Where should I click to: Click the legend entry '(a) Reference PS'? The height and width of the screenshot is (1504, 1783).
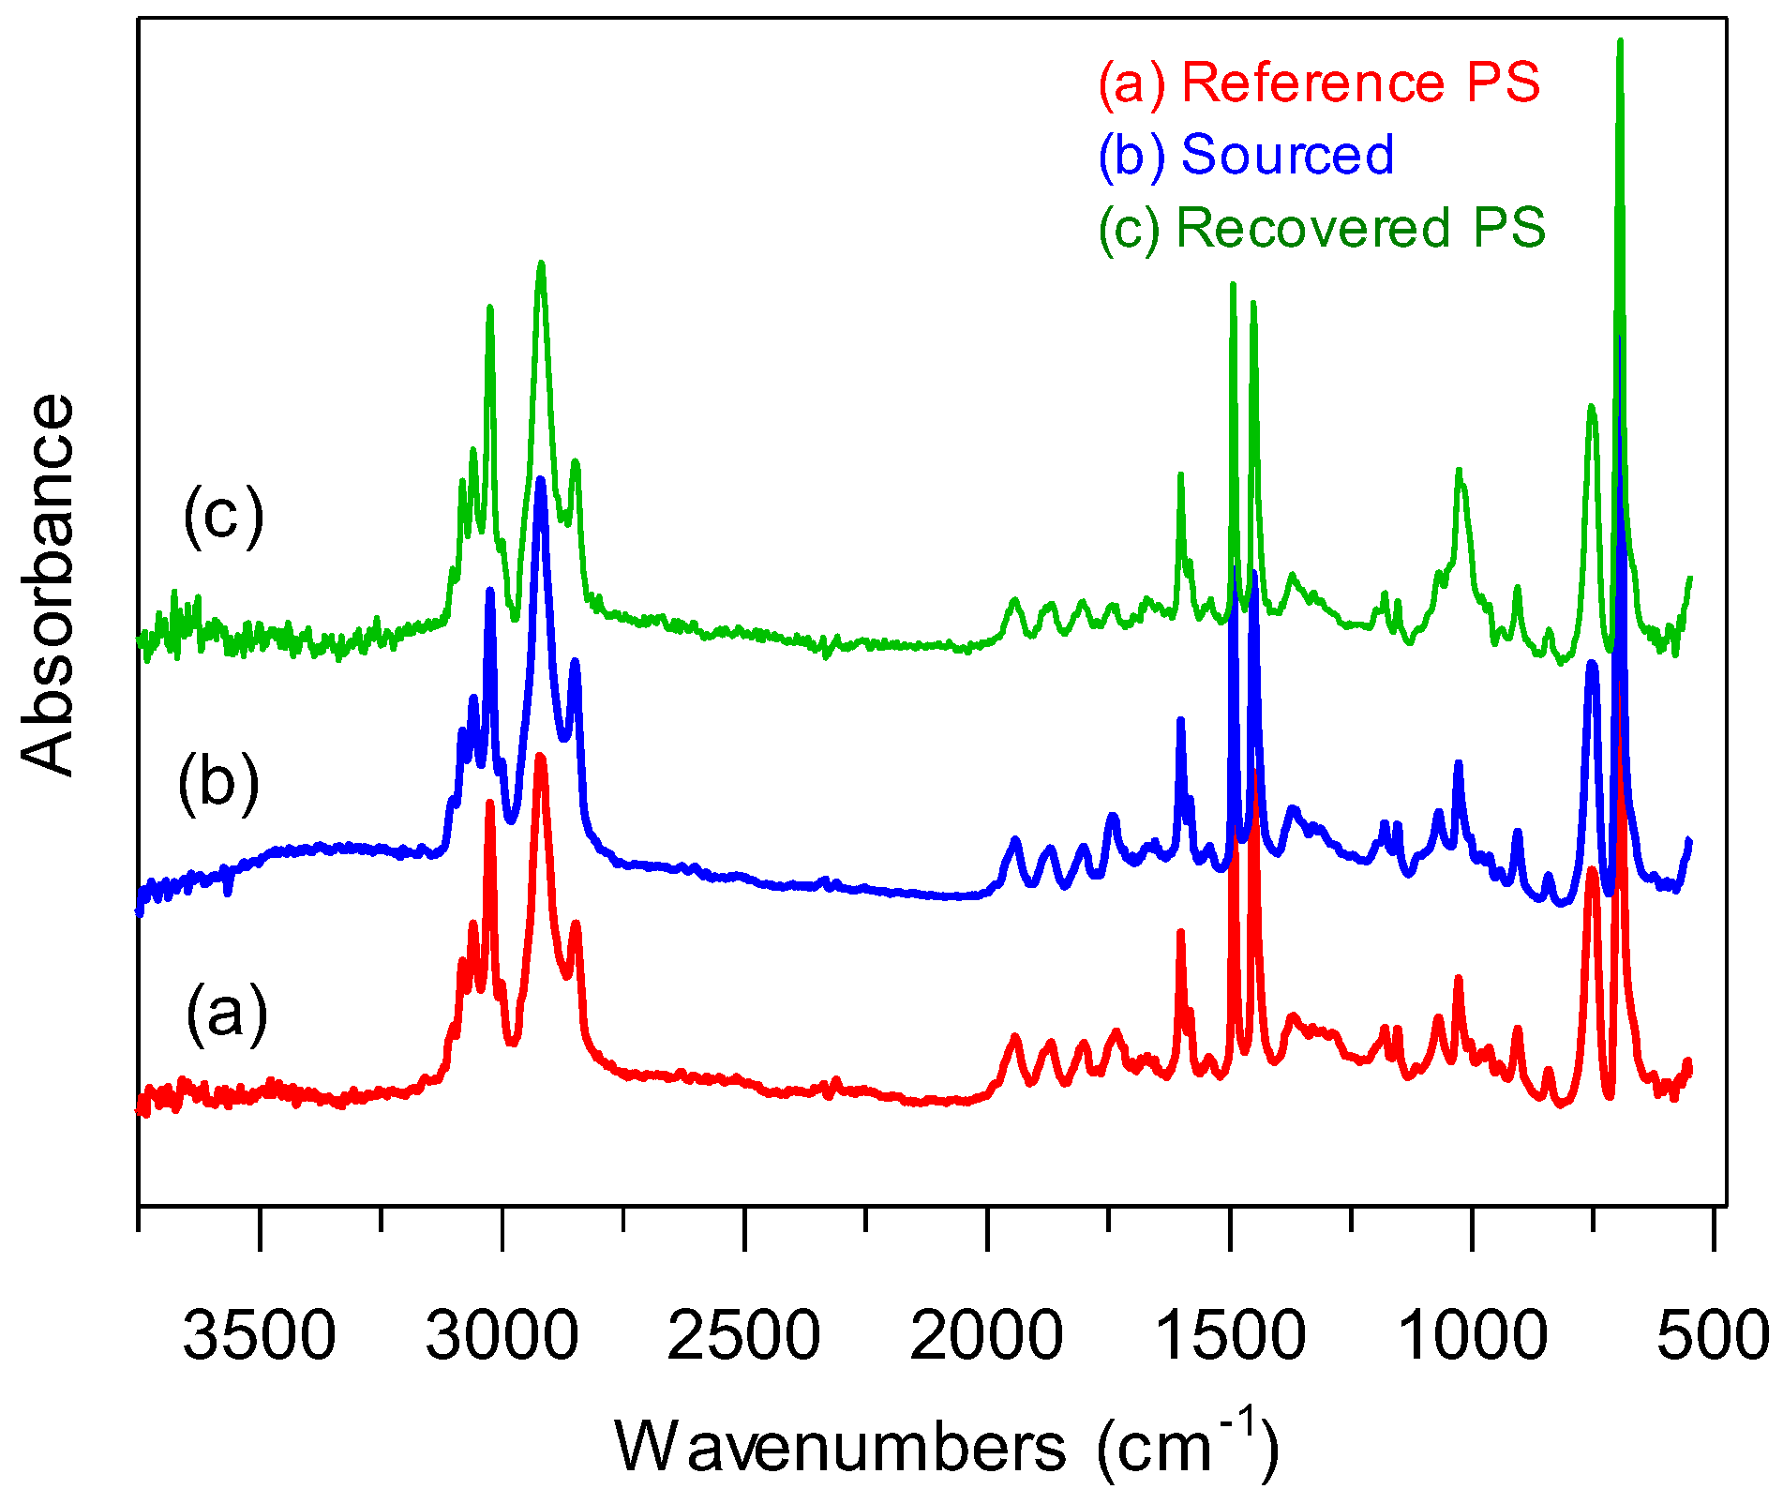click(1319, 83)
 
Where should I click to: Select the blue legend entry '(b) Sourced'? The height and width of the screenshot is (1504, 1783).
click(1247, 155)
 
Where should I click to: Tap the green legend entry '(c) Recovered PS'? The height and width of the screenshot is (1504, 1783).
click(1322, 228)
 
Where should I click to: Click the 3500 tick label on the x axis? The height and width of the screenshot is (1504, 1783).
click(259, 1335)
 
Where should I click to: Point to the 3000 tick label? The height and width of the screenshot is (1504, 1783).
click(502, 1335)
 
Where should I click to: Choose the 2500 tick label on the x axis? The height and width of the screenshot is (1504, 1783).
click(743, 1335)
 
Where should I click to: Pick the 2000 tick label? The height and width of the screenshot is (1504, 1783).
click(986, 1335)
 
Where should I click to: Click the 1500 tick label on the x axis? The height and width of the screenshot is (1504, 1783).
click(1229, 1335)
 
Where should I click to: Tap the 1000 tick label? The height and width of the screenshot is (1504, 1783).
click(1472, 1335)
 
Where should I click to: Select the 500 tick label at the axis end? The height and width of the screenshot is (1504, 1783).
click(1712, 1335)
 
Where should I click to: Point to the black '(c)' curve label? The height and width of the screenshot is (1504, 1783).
click(223, 516)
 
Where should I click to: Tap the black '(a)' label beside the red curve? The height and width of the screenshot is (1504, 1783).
click(226, 1014)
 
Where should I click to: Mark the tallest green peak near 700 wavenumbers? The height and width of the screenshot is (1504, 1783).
click(1620, 42)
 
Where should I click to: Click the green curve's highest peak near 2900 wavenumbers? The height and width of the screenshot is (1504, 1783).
click(541, 265)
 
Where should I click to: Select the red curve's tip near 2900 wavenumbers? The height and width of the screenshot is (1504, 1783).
click(540, 756)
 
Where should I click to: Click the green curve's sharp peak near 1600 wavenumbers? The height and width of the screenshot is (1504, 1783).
click(1180, 475)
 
